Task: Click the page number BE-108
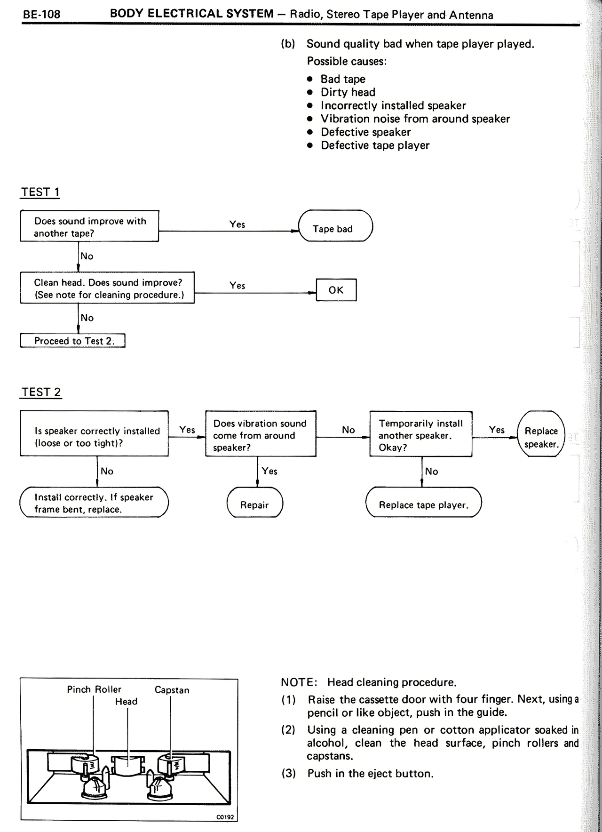pos(42,14)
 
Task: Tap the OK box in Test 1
pos(336,290)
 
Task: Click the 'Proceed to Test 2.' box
pos(73,341)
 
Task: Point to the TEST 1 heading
pos(40,192)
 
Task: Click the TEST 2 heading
pos(41,392)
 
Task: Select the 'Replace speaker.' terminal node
pos(541,437)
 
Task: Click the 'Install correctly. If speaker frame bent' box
pos(94,502)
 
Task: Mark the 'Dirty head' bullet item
pos(348,92)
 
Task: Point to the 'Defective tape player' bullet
pos(375,145)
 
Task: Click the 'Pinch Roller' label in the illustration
pos(94,689)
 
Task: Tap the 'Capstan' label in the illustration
pos(172,690)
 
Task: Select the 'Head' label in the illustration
pos(127,701)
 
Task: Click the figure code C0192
pos(225,817)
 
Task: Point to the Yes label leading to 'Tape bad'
pos(238,224)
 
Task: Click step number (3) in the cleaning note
pos(288,773)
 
